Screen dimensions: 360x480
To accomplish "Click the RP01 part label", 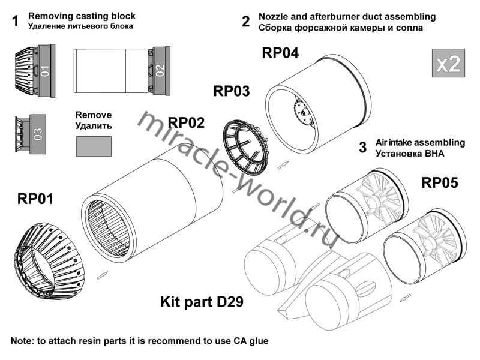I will point(35,199).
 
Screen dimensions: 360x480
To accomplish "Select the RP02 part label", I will point(186,123).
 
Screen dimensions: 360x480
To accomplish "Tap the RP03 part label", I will point(231,91).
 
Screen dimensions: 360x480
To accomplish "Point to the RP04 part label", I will point(280,53).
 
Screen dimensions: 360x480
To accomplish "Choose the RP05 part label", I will point(439,182).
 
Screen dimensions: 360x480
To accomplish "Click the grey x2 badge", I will point(448,63).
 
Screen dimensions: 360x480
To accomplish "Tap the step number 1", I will point(14,22).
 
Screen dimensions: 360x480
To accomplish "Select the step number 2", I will point(245,22).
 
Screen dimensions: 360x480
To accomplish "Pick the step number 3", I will point(362,147).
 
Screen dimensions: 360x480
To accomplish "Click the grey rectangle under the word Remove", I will point(94,146).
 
